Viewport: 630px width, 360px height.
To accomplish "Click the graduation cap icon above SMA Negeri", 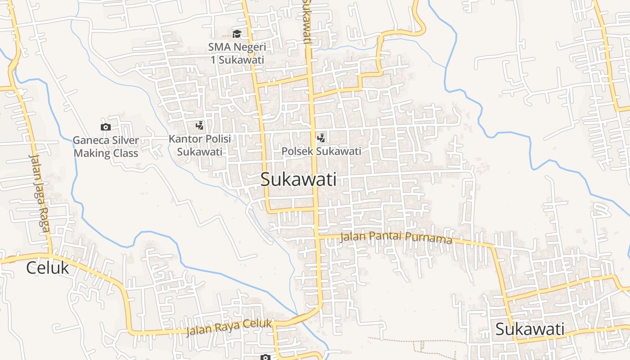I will point(237,34).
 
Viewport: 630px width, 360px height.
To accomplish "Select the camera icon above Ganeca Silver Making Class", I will point(106,127).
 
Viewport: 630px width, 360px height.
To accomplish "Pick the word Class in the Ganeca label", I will point(126,153).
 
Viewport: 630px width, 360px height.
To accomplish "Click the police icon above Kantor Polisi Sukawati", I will point(199,126).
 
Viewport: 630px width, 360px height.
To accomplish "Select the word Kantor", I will point(184,139).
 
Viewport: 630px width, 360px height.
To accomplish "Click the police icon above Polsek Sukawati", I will point(321,138).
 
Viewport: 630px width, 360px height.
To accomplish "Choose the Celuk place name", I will point(47,268).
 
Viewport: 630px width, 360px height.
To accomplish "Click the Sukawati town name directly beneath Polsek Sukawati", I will point(298,180).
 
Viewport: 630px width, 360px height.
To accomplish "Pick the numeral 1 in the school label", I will point(214,59).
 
